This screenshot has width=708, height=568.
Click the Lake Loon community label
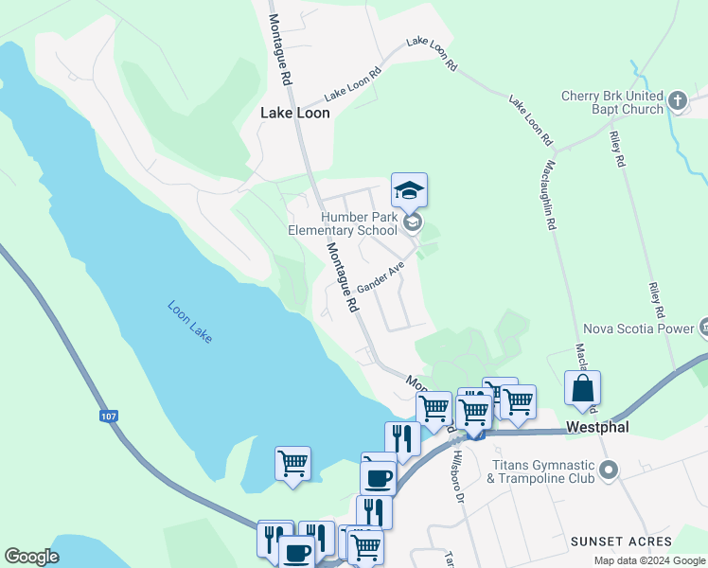click(x=295, y=113)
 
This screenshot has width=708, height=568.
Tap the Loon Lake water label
click(x=189, y=322)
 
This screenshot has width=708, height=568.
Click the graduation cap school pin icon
click(x=409, y=191)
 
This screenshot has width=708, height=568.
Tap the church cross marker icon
click(x=678, y=100)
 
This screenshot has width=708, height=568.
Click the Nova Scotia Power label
click(x=641, y=329)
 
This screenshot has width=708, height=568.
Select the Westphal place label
click(x=597, y=428)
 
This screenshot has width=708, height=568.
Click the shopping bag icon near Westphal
click(x=582, y=389)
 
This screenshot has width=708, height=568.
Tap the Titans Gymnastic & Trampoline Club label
click(x=540, y=471)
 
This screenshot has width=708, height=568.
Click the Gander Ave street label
click(x=381, y=277)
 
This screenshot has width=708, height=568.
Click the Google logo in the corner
click(x=31, y=557)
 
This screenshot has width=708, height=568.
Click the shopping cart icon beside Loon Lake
click(x=292, y=464)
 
